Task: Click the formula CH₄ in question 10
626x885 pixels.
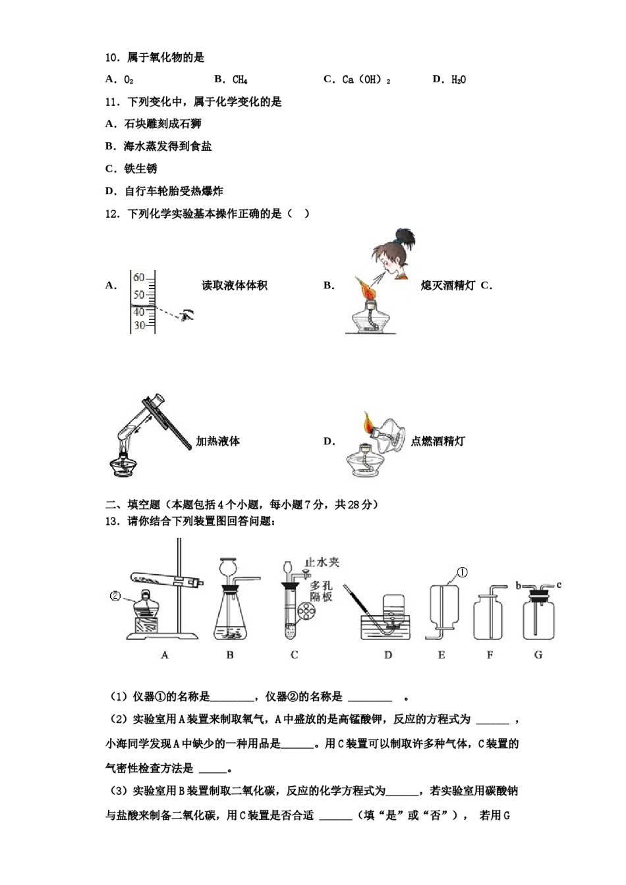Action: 240,80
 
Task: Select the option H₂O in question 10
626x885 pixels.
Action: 459,80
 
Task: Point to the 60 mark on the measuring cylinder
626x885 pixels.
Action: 139,278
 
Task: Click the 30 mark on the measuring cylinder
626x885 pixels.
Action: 139,325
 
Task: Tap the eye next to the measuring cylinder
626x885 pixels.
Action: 188,315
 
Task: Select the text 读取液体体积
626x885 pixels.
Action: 235,285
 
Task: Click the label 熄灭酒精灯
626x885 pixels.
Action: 447,285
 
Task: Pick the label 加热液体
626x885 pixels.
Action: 217,441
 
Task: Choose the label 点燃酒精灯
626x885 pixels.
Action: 438,441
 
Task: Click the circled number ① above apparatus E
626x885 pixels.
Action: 462,572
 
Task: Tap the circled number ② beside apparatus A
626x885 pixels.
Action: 115,597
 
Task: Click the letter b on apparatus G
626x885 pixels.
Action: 518,585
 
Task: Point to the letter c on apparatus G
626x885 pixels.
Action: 559,585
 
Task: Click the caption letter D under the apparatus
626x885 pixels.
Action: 388,655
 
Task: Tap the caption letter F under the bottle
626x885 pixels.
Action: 490,655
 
